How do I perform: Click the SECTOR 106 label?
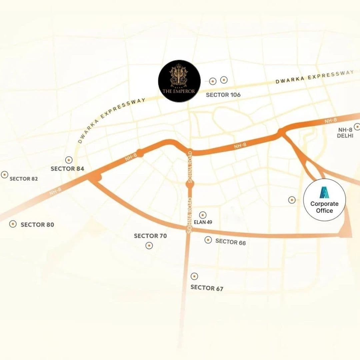point(223,95)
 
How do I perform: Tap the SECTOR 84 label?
point(67,169)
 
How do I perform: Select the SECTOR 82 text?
point(24,179)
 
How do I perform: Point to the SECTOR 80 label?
point(37,225)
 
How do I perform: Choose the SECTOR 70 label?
point(150,236)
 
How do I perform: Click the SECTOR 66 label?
point(231,242)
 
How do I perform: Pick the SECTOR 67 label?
point(207,288)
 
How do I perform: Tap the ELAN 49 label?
point(203,222)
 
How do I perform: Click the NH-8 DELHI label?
point(345,133)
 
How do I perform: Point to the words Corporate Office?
point(324,207)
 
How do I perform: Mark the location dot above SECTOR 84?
point(69,160)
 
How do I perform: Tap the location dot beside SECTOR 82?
point(4,174)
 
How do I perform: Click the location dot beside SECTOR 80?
point(13,224)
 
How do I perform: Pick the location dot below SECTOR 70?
point(149,246)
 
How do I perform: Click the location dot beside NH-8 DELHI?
point(357,127)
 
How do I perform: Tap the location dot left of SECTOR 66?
point(208,240)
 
